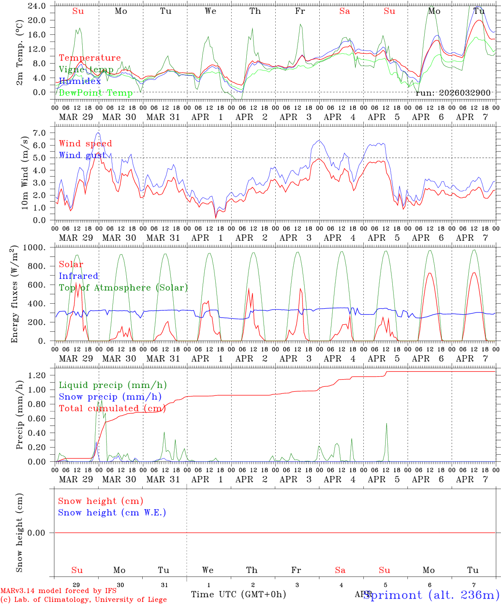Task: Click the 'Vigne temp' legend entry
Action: coord(86,70)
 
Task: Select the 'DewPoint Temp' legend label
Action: coord(96,93)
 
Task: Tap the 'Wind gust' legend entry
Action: coord(82,155)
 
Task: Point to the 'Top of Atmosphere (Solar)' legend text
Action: coord(123,288)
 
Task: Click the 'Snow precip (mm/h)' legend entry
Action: coord(110,397)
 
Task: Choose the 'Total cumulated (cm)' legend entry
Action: coord(112,409)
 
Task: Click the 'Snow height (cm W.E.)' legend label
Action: coord(112,513)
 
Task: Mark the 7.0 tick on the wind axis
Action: coord(40,133)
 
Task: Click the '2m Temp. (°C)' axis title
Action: coord(19,60)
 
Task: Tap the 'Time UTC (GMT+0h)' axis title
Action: coord(238,594)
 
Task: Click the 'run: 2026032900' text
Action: coord(453,93)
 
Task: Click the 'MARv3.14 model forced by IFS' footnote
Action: coord(58,591)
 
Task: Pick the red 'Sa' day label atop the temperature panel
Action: coord(344,11)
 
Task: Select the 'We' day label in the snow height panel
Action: coord(208,570)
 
